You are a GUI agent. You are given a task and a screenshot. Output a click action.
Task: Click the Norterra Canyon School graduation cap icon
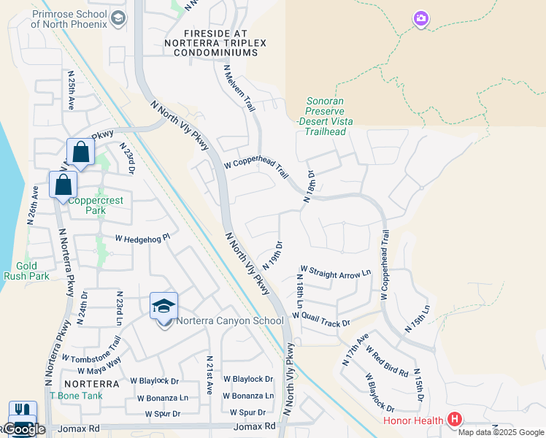click(x=164, y=307)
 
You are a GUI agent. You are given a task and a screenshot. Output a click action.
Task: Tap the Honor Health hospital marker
click(x=455, y=420)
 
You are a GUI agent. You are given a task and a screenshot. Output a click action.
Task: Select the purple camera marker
click(x=420, y=18)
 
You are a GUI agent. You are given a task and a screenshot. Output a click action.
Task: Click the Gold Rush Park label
click(x=26, y=271)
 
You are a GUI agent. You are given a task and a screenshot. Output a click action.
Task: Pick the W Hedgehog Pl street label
click(x=142, y=237)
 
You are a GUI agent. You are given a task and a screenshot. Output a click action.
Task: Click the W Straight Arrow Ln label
click(x=336, y=274)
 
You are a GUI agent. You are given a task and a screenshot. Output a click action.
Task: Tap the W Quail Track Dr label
click(x=321, y=318)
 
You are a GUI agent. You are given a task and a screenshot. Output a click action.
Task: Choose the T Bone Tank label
click(x=76, y=396)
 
